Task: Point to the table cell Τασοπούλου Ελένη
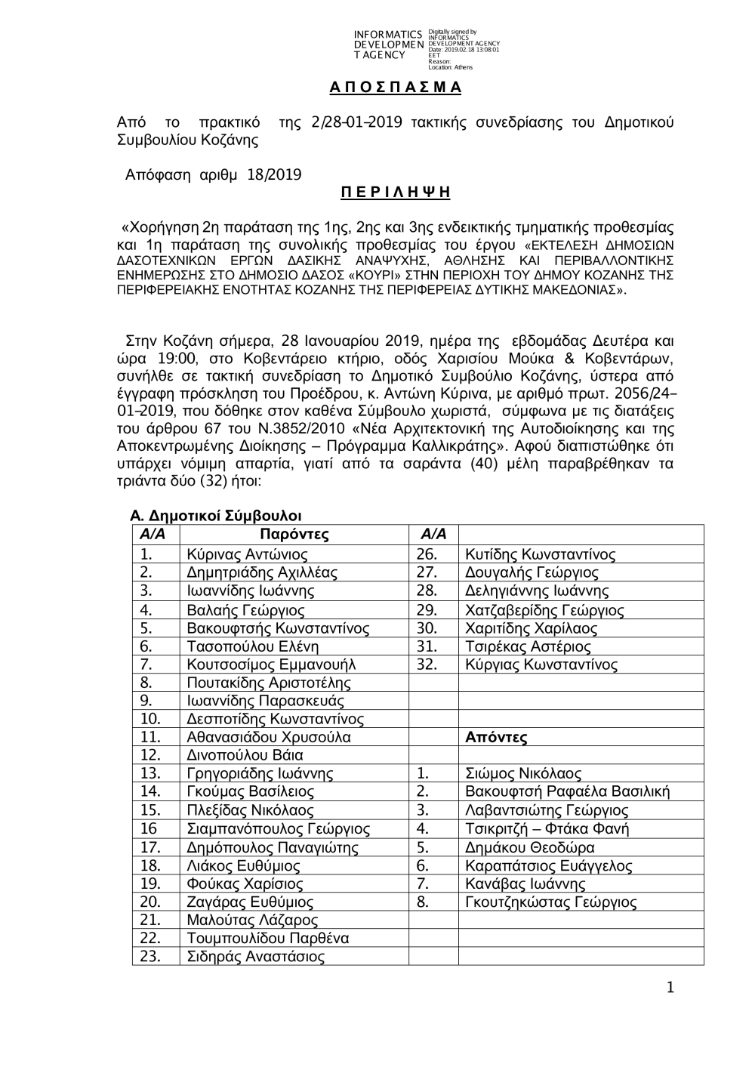click(252, 646)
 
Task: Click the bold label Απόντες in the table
click(496, 738)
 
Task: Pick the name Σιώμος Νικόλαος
click(523, 774)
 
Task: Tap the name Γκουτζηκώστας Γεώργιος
click(550, 902)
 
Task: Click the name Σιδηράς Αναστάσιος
click(255, 958)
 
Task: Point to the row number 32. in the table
click(427, 665)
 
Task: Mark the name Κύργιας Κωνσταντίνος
click(541, 665)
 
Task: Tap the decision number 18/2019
click(273, 175)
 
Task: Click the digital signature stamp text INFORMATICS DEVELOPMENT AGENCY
click(388, 45)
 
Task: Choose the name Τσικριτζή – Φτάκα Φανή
click(547, 829)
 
